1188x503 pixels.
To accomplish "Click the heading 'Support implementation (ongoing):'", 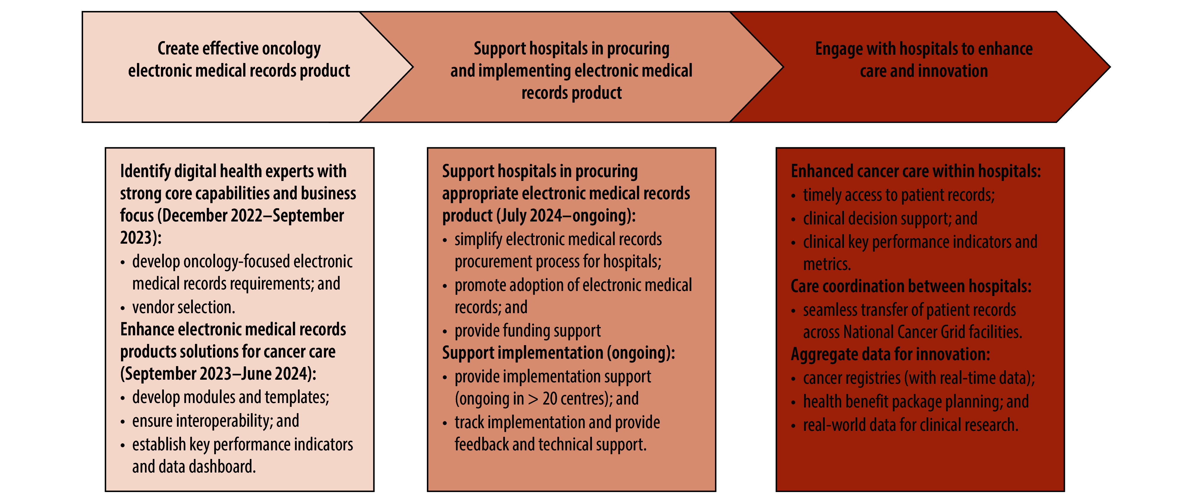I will pyautogui.click(x=558, y=353).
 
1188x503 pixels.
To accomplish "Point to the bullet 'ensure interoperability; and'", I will pyautogui.click(x=215, y=421).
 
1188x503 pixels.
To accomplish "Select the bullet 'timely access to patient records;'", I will pyautogui.click(x=898, y=195).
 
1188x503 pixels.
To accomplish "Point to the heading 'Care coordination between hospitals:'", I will pyautogui.click(x=911, y=286).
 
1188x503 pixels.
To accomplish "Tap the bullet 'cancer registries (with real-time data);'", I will pyautogui.click(x=919, y=378).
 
